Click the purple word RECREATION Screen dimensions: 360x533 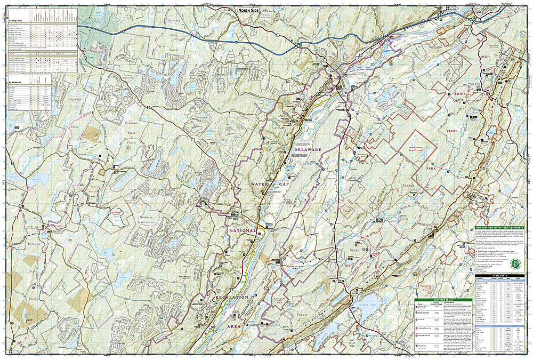click(x=232, y=297)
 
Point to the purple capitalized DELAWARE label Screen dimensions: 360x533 click(x=307, y=150)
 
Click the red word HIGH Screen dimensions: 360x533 click(x=483, y=57)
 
